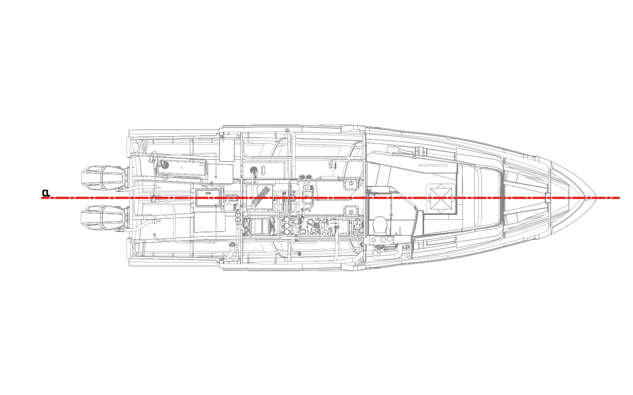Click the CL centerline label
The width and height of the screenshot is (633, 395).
tap(46, 194)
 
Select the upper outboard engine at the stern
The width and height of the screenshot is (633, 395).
tap(103, 178)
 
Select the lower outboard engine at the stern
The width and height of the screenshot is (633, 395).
tap(103, 218)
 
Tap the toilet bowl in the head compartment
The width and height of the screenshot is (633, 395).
tap(380, 225)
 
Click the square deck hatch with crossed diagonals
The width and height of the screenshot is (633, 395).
tap(441, 199)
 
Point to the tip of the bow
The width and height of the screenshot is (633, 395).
tap(596, 197)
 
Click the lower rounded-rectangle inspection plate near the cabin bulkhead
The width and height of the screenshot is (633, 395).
tap(351, 211)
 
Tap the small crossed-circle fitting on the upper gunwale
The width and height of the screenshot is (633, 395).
tap(287, 130)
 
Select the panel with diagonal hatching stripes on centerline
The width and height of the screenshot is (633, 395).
tap(260, 197)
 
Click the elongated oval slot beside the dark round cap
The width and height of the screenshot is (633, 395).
tap(263, 170)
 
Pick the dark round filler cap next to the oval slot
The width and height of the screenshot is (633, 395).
tap(253, 170)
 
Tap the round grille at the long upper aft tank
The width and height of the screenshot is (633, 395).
tap(164, 163)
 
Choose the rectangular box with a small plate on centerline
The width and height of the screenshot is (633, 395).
tap(208, 198)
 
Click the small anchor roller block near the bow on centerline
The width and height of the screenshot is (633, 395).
tap(548, 197)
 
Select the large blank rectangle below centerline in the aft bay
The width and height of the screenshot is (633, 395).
tap(210, 222)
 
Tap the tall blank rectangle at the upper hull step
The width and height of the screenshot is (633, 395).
tap(227, 150)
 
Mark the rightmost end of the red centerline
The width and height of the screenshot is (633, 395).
tap(620, 198)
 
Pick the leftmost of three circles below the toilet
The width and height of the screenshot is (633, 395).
tap(373, 240)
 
